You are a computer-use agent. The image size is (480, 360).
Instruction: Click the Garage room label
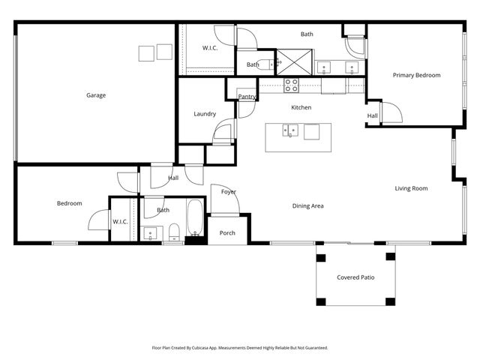pos(95,95)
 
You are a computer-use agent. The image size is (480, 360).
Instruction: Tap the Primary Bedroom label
pos(416,75)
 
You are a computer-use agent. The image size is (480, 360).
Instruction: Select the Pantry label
pos(247,97)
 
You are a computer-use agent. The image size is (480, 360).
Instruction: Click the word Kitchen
pos(301,107)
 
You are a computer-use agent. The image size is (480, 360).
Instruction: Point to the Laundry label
pos(205,114)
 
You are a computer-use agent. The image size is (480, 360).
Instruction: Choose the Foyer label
pos(228,192)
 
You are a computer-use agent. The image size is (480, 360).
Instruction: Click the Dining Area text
pos(307,205)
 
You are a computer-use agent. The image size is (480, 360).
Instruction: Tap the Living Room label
pos(411,188)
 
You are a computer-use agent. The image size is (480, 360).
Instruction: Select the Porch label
pos(227,233)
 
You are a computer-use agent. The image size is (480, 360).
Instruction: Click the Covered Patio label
pos(355,277)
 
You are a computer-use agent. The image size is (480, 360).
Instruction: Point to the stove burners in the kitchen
pos(291,84)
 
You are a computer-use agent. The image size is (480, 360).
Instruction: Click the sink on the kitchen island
pos(289,131)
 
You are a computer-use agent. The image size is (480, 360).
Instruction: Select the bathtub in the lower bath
pos(194,219)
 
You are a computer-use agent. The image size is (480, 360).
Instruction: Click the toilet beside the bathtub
pos(173,230)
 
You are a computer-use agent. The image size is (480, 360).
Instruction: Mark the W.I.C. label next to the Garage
pos(210,48)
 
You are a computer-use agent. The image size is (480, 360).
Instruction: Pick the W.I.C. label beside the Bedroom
pos(120,221)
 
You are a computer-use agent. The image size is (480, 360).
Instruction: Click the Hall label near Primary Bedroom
pos(372,115)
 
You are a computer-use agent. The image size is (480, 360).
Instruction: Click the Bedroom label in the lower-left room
pos(70,203)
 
